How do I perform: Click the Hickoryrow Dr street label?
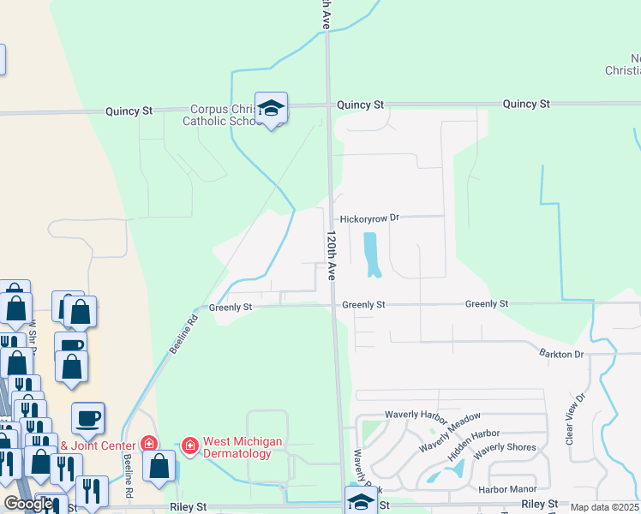(x=370, y=218)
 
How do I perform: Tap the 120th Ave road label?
(x=331, y=254)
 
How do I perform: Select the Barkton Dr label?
(x=561, y=353)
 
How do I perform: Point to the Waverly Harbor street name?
(x=416, y=415)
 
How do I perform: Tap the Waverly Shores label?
(x=505, y=447)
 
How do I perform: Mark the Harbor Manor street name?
(x=507, y=489)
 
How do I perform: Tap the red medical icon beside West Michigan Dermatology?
(x=189, y=445)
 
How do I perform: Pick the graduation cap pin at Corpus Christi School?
(x=272, y=109)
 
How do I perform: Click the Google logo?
(x=27, y=504)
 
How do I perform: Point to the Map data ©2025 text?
(x=605, y=507)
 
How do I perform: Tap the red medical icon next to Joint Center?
(x=149, y=444)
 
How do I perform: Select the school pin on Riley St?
(x=361, y=501)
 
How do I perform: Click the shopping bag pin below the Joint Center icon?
(x=159, y=467)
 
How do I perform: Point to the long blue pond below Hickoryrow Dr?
(x=373, y=254)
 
